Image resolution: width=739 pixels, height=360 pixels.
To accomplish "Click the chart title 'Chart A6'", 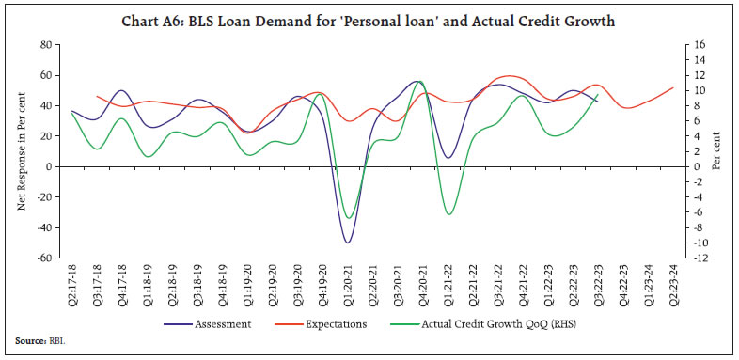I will coord(369,21).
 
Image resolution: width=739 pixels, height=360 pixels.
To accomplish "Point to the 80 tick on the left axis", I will coord(44,44).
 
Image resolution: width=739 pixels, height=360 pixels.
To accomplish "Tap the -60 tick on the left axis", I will coord(42,258).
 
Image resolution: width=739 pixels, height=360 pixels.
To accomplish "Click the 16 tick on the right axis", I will coord(693,44).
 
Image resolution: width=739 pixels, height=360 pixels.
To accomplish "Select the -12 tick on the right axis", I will coord(695,258).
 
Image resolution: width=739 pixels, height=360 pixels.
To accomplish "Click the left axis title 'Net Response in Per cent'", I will coord(23,150).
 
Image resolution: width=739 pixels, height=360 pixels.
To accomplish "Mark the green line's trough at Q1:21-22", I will coord(448,214).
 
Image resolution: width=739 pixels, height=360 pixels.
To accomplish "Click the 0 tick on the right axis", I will coord(691,166).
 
